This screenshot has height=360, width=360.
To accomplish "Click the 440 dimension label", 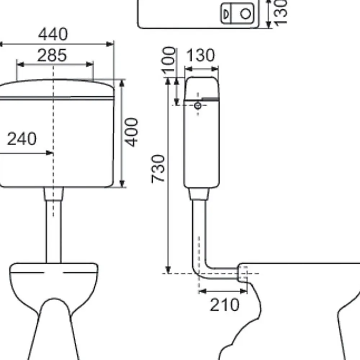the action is pyautogui.click(x=53, y=34).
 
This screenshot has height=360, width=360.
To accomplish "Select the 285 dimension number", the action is pyautogui.click(x=52, y=55).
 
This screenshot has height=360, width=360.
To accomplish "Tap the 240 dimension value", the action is pyautogui.click(x=22, y=139).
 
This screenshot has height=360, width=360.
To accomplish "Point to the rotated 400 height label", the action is pyautogui.click(x=131, y=132).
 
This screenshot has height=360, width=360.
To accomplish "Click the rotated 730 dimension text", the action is pyautogui.click(x=158, y=169).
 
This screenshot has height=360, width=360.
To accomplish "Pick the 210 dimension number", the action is pyautogui.click(x=225, y=305).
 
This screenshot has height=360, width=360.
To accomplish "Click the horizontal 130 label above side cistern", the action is pyautogui.click(x=201, y=55).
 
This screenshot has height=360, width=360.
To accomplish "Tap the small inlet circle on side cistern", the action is pyautogui.click(x=198, y=105).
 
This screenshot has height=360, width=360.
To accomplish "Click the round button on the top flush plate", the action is pyautogui.click(x=246, y=13).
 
